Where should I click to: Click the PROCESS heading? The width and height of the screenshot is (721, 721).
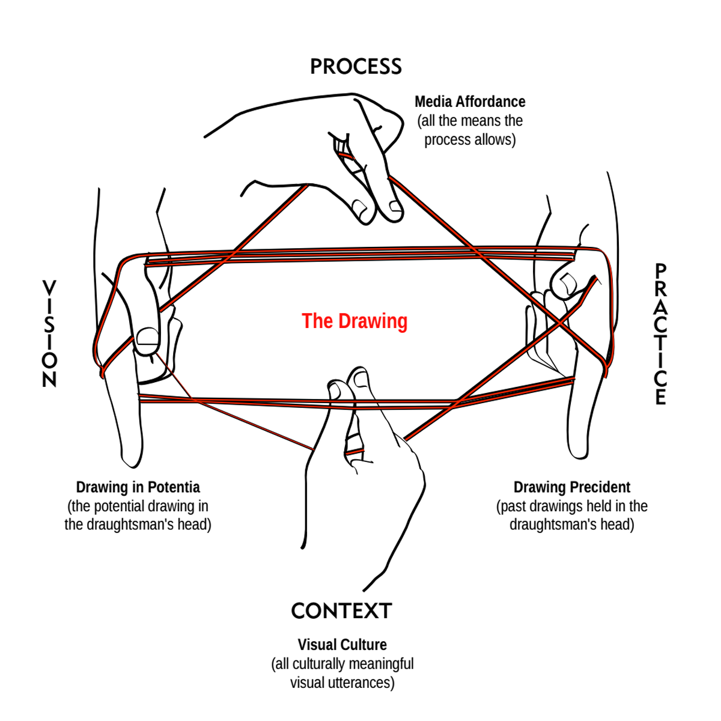[x=356, y=67]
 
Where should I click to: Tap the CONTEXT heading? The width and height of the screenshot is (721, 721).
[x=341, y=611]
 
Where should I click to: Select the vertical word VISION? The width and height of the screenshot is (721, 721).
[x=49, y=333]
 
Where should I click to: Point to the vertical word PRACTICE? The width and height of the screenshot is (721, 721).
[x=660, y=334]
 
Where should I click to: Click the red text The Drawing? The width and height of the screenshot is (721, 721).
[x=354, y=321]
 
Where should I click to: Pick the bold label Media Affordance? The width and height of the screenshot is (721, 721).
[x=470, y=102]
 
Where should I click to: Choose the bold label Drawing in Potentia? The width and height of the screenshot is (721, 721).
[x=138, y=487]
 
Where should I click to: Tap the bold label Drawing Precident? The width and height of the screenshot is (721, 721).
[x=571, y=487]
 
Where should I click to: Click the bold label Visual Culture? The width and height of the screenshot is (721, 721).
[x=342, y=645]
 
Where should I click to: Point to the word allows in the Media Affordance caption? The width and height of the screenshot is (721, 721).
[x=493, y=139]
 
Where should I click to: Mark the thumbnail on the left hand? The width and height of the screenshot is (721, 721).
[x=147, y=339]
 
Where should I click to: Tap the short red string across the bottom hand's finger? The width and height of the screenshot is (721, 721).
[x=355, y=451]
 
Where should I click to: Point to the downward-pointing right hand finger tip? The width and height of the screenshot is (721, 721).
[x=578, y=451]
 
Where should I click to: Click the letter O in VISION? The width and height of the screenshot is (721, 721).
[x=49, y=360]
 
